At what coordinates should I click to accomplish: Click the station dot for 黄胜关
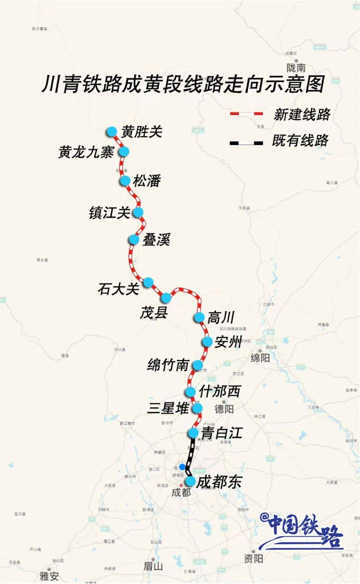tap(112, 131)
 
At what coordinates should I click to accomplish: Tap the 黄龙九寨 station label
tap(86, 152)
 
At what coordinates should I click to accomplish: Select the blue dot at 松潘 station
tap(125, 181)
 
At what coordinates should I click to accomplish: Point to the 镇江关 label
tap(109, 213)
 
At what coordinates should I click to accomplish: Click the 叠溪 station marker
tap(134, 239)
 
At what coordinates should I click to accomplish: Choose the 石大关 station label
tap(118, 289)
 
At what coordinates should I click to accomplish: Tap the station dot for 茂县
tap(166, 297)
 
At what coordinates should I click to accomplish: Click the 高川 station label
tap(221, 317)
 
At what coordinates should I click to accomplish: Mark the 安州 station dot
tap(207, 342)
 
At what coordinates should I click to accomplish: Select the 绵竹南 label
tap(168, 365)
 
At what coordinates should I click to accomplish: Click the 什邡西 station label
tap(220, 391)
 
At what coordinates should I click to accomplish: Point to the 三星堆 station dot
tap(198, 408)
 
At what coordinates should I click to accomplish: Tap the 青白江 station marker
tap(193, 433)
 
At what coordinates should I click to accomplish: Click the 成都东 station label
tap(219, 482)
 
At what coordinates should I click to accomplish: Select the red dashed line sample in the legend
tap(246, 114)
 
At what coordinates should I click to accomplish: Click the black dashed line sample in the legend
tap(246, 143)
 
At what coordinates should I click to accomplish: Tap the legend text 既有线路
tap(300, 141)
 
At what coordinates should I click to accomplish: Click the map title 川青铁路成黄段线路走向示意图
tap(183, 84)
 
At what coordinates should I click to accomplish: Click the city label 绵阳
tap(260, 358)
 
